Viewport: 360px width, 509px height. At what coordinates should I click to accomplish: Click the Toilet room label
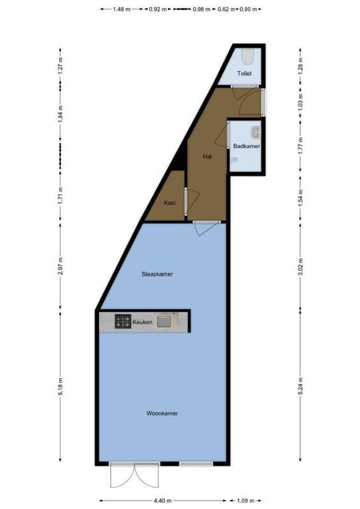click(x=244, y=74)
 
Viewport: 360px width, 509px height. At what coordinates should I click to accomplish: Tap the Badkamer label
click(x=246, y=146)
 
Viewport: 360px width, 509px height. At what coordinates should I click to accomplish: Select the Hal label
click(x=207, y=156)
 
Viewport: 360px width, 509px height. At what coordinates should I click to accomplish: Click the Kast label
click(x=170, y=203)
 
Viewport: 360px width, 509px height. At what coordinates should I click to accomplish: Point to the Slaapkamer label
click(x=158, y=274)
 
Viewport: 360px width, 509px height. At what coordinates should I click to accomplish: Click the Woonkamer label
click(x=162, y=413)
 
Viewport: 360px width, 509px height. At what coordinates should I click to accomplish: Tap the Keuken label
click(x=142, y=323)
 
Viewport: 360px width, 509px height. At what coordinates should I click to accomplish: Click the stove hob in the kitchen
click(x=123, y=322)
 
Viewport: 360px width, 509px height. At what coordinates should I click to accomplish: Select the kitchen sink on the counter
click(x=165, y=322)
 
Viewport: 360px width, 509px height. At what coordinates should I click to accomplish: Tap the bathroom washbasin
click(x=256, y=132)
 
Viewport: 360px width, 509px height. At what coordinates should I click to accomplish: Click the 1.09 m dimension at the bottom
click(x=245, y=501)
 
